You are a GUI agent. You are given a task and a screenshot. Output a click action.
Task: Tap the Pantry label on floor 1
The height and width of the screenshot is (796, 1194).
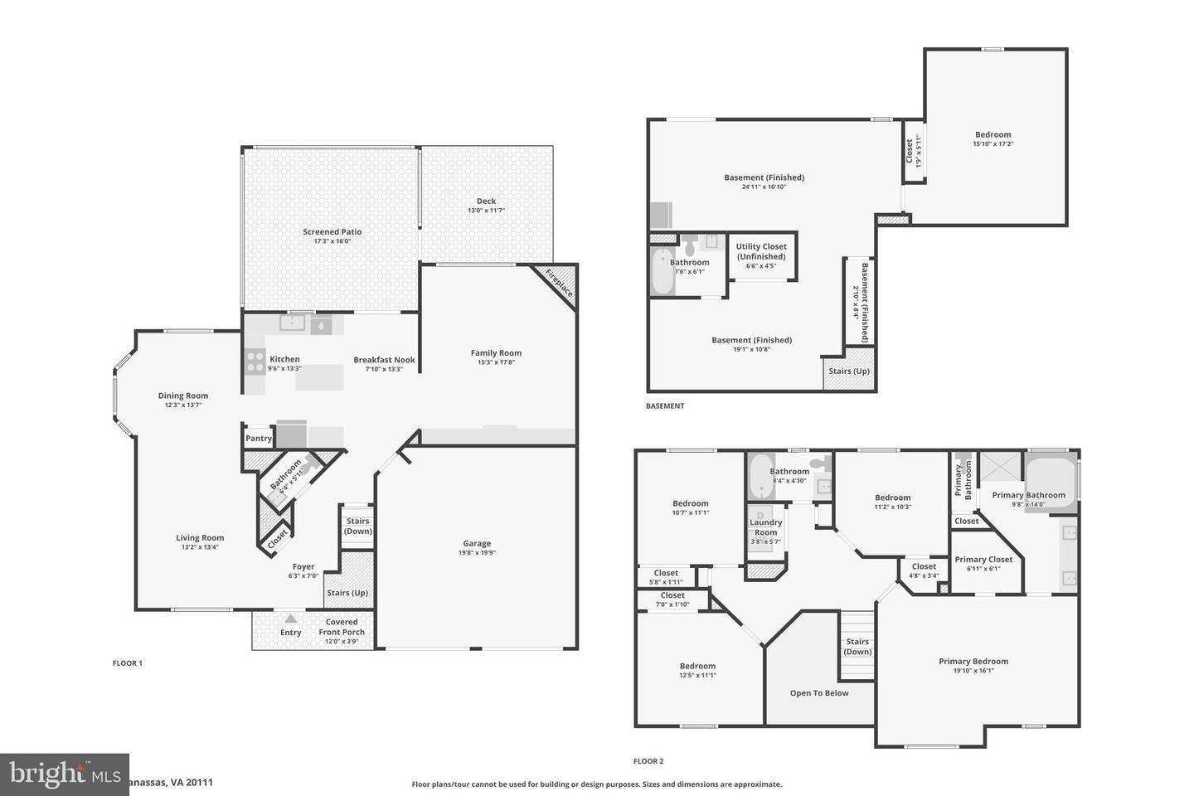pyautogui.click(x=259, y=439)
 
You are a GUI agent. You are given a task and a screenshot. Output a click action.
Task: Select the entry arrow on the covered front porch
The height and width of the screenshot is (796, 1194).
pyautogui.click(x=290, y=619)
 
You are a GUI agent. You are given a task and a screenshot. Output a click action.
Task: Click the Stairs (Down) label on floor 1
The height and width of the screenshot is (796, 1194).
pyautogui.click(x=358, y=527)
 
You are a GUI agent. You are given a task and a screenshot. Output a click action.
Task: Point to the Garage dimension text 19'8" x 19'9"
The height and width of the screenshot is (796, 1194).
pyautogui.click(x=477, y=553)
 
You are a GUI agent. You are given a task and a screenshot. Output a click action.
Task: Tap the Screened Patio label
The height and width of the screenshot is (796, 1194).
pyautogui.click(x=332, y=232)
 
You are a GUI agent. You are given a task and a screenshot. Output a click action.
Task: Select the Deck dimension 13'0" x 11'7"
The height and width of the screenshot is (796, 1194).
pyautogui.click(x=486, y=211)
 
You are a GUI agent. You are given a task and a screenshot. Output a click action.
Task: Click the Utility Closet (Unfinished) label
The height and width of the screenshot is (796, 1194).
pyautogui.click(x=761, y=251)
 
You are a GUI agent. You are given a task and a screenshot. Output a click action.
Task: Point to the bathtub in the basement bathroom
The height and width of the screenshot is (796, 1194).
pyautogui.click(x=663, y=274)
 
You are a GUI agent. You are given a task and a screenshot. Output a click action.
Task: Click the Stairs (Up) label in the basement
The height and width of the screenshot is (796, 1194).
pyautogui.click(x=850, y=371)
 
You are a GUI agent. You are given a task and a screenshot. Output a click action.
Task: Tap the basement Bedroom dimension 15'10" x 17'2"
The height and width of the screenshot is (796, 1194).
pyautogui.click(x=993, y=144)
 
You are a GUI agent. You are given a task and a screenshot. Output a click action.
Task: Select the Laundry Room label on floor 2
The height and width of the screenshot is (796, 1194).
pyautogui.click(x=765, y=527)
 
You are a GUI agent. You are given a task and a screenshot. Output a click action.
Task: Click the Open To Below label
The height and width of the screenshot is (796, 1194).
pyautogui.click(x=819, y=693)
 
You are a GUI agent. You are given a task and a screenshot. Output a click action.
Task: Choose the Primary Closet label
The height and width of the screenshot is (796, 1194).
pyautogui.click(x=983, y=560)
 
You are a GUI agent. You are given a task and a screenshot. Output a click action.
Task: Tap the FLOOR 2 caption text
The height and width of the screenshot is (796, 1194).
pyautogui.click(x=648, y=761)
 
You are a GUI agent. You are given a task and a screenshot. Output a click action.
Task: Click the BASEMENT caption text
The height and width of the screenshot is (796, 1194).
pyautogui.click(x=665, y=406)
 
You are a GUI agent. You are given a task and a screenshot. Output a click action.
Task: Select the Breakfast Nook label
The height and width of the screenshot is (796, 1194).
pyautogui.click(x=384, y=360)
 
